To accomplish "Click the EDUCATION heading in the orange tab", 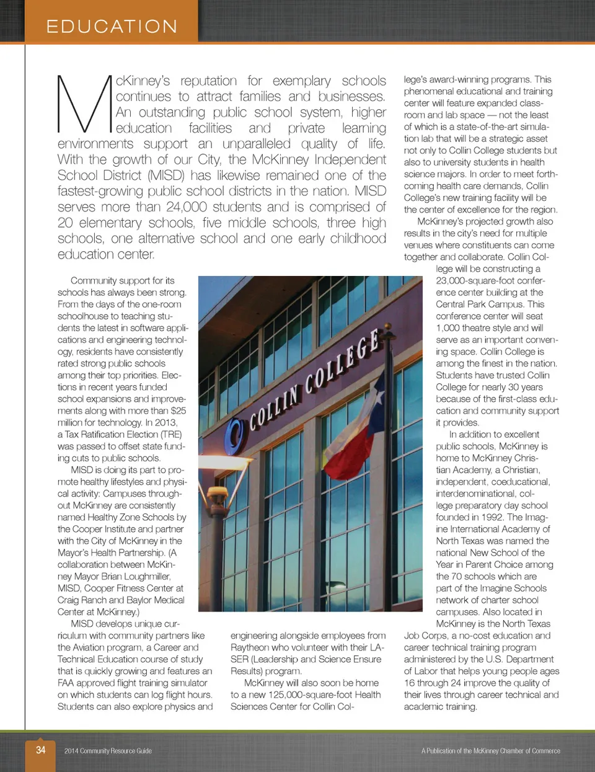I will point(112,26).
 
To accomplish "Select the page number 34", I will point(40,750).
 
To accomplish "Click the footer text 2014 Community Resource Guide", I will point(108,751).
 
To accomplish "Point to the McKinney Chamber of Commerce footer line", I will point(490,751).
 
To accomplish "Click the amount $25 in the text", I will point(178,410).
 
